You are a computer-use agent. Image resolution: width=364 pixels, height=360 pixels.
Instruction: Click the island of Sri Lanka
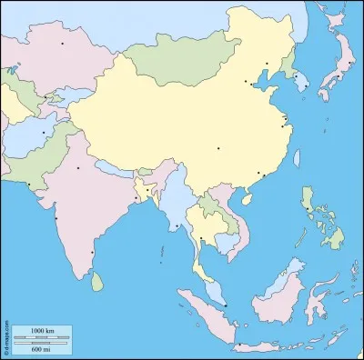97,283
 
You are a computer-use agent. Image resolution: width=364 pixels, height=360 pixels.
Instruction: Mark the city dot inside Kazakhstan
63,43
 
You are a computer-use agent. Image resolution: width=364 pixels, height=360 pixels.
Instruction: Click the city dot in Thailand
200,238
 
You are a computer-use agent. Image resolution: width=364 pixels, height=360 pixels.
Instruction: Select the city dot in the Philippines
308,210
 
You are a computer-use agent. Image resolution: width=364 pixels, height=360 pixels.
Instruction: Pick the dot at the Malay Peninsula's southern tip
226,305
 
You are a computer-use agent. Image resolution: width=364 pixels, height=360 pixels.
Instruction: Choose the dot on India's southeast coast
92,253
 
